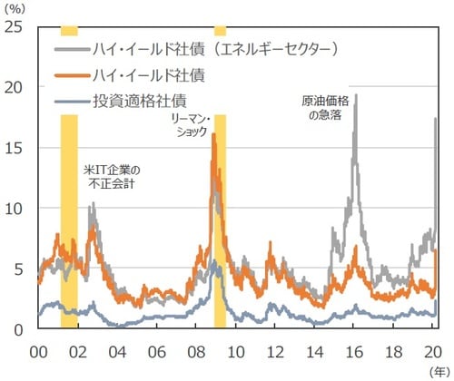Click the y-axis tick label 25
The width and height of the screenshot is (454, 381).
[x=15, y=26]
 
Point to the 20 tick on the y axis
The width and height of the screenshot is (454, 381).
[x=15, y=87]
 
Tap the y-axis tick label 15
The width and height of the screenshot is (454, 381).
[x=15, y=148]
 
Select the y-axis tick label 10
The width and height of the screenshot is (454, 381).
[x=15, y=209]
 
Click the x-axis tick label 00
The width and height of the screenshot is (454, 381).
[x=39, y=350]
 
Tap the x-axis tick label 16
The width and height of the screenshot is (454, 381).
[x=355, y=350]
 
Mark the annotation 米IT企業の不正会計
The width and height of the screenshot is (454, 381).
[x=112, y=174]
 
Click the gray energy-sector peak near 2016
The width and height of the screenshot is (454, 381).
[x=355, y=95]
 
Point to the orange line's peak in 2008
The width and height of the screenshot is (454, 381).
[x=213, y=134]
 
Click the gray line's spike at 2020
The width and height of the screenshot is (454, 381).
[x=436, y=119]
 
